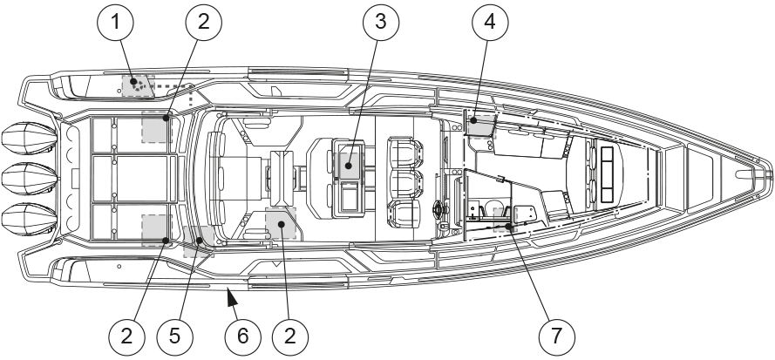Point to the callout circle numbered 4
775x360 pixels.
[490, 24]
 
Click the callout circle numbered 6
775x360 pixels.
[243, 334]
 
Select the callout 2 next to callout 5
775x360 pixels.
[126, 334]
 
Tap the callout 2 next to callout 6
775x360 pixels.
[292, 334]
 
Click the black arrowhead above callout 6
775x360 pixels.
[230, 300]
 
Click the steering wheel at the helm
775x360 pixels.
[439, 211]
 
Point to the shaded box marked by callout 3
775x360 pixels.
[348, 165]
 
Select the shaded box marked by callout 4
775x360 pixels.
[479, 125]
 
